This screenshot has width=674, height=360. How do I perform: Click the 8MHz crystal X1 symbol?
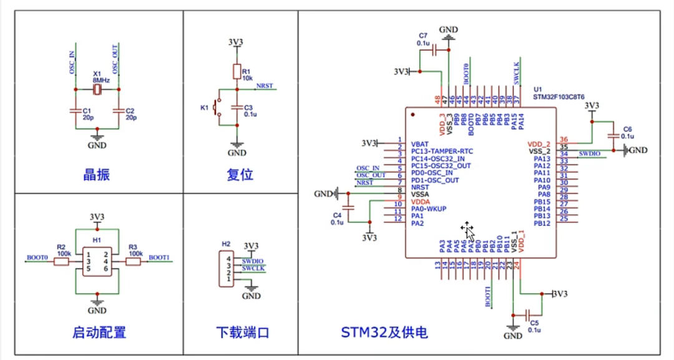tap(97, 90)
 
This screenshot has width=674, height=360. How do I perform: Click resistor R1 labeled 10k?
tap(237, 70)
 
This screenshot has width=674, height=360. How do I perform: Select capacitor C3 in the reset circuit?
tap(237, 107)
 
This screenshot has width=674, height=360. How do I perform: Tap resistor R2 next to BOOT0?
tap(61, 261)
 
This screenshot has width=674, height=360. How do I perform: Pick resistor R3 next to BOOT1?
tap(133, 261)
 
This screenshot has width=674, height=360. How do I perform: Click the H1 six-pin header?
tap(97, 261)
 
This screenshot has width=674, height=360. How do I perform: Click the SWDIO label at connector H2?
tap(253, 260)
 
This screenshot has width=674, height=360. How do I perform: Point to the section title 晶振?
tap(97, 175)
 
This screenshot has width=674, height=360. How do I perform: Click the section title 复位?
tap(240, 175)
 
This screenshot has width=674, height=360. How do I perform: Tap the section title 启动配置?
tap(99, 333)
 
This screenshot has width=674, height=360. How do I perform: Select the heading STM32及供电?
tap(384, 333)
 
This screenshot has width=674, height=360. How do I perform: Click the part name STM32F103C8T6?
tap(559, 97)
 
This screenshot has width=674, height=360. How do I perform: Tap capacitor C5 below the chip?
tap(529, 314)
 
